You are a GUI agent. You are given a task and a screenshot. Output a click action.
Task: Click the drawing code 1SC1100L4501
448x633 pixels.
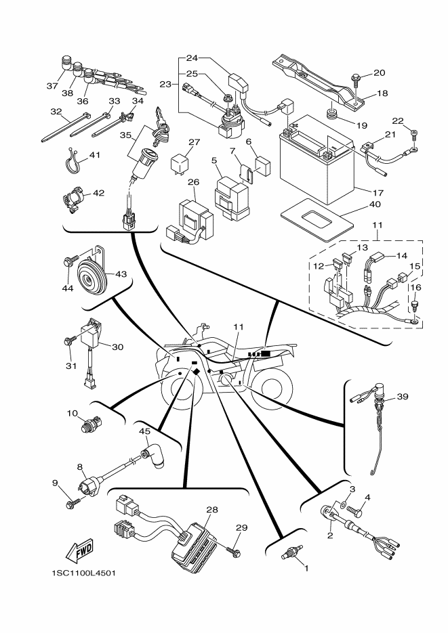click(x=83, y=573)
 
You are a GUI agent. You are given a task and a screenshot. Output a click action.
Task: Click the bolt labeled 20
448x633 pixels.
click(x=357, y=81)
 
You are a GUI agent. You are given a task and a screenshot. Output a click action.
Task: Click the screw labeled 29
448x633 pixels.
click(x=234, y=552)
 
